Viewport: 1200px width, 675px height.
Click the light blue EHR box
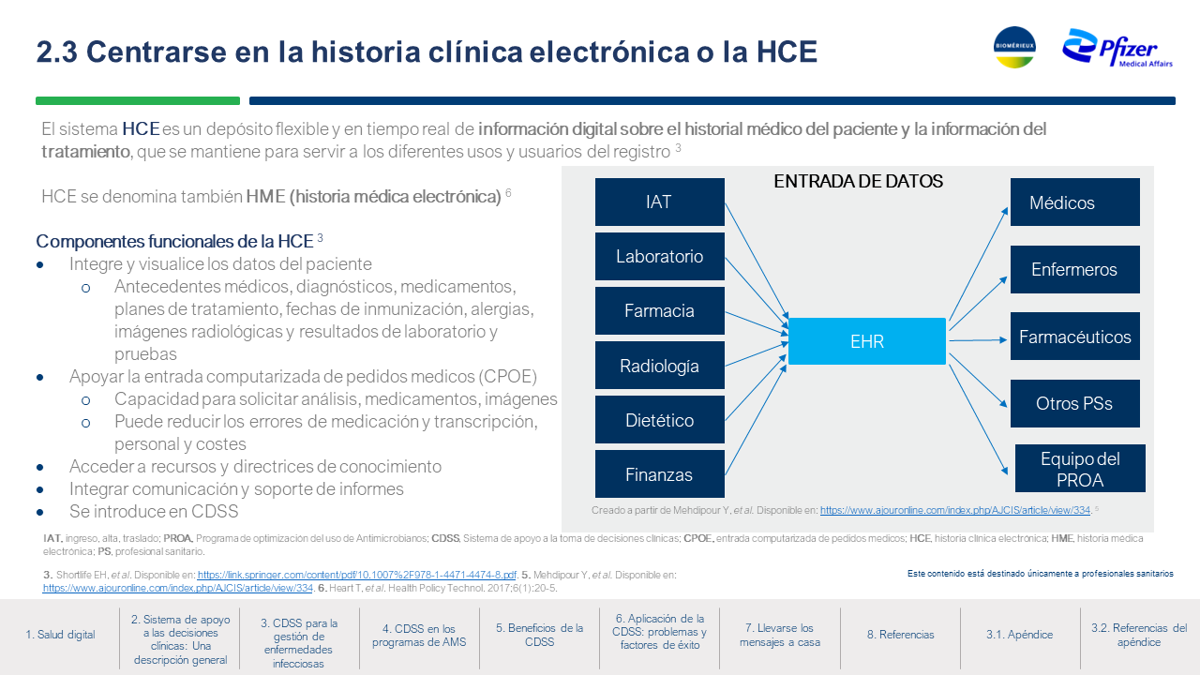tap(867, 341)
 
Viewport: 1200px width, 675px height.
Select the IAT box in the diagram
tap(659, 202)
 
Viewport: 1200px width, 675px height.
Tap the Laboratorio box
tap(659, 256)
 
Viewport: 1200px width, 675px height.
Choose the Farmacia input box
tap(659, 310)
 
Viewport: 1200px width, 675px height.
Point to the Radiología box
tap(659, 366)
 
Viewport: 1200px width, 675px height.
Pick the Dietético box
tap(659, 419)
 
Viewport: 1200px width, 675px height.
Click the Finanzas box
tap(659, 474)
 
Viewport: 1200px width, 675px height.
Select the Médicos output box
tap(1074, 202)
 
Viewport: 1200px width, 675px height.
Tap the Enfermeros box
tap(1074, 269)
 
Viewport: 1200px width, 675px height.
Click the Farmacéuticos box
tap(1074, 337)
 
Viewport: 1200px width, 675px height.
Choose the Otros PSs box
tap(1074, 403)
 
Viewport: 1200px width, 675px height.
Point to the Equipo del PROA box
tap(1080, 468)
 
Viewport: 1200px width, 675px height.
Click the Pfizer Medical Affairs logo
tap(1117, 48)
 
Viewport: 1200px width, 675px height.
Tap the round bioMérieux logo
tap(1014, 47)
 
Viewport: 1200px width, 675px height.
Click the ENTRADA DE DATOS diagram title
tap(858, 182)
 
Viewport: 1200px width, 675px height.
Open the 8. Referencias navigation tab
tap(901, 635)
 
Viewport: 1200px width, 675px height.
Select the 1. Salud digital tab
tap(60, 635)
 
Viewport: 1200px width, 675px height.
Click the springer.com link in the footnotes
tap(357, 575)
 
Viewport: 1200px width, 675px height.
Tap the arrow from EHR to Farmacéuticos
tap(978, 340)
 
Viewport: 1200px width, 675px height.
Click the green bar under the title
tap(138, 100)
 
